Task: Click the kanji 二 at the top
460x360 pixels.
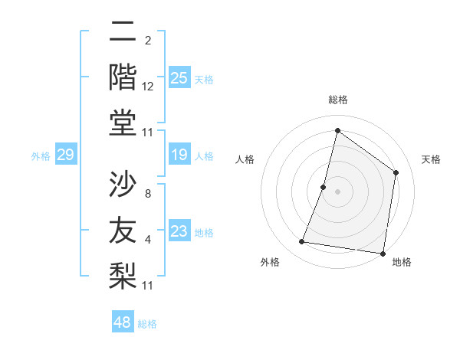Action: pos(123,32)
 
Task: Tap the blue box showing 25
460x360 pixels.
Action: pos(179,77)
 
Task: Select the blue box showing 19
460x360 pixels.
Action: pos(179,155)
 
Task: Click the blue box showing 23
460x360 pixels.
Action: pos(179,231)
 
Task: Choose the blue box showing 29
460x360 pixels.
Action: pos(65,155)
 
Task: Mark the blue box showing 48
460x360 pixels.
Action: pos(123,322)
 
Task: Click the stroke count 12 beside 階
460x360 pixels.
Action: pos(148,86)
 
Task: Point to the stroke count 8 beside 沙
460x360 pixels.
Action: pos(147,193)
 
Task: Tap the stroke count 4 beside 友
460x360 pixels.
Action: pos(147,240)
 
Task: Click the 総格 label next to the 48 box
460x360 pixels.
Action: pos(147,324)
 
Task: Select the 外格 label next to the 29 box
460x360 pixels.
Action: pos(41,156)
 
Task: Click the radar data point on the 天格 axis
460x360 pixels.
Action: pos(396,172)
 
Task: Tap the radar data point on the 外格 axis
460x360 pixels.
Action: pos(302,242)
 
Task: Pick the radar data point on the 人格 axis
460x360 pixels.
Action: pos(324,187)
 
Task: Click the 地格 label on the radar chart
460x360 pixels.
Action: pos(402,262)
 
